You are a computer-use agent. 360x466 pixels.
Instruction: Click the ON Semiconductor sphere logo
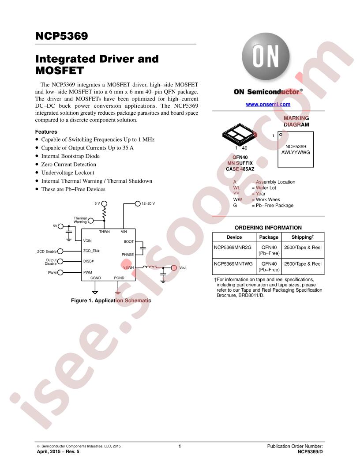click(266, 56)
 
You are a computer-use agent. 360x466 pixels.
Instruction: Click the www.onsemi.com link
click(268, 104)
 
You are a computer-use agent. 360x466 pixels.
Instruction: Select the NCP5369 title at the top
click(61, 36)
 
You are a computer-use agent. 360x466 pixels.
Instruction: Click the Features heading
click(46, 132)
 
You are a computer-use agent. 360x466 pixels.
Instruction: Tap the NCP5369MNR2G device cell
click(232, 247)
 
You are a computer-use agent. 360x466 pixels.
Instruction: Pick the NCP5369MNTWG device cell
click(233, 263)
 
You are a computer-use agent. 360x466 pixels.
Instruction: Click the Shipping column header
click(302, 237)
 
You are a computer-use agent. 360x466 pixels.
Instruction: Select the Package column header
click(269, 237)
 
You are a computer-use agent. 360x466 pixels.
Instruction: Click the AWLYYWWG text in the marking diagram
click(296, 152)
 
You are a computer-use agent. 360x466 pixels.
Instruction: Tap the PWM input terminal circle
click(60, 273)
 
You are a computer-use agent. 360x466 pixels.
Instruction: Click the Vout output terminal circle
click(174, 268)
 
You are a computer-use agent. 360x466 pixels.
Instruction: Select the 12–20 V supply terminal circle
click(138, 203)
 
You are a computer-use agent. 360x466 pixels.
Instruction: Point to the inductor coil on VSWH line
click(150, 267)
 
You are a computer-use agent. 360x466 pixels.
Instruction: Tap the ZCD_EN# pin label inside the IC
click(91, 251)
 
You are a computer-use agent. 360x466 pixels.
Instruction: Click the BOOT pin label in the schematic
click(129, 241)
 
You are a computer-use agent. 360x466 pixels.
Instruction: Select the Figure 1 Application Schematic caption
click(111, 301)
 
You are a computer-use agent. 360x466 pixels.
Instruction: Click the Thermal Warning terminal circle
click(90, 221)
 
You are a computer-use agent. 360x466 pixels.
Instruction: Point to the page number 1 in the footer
click(180, 446)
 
